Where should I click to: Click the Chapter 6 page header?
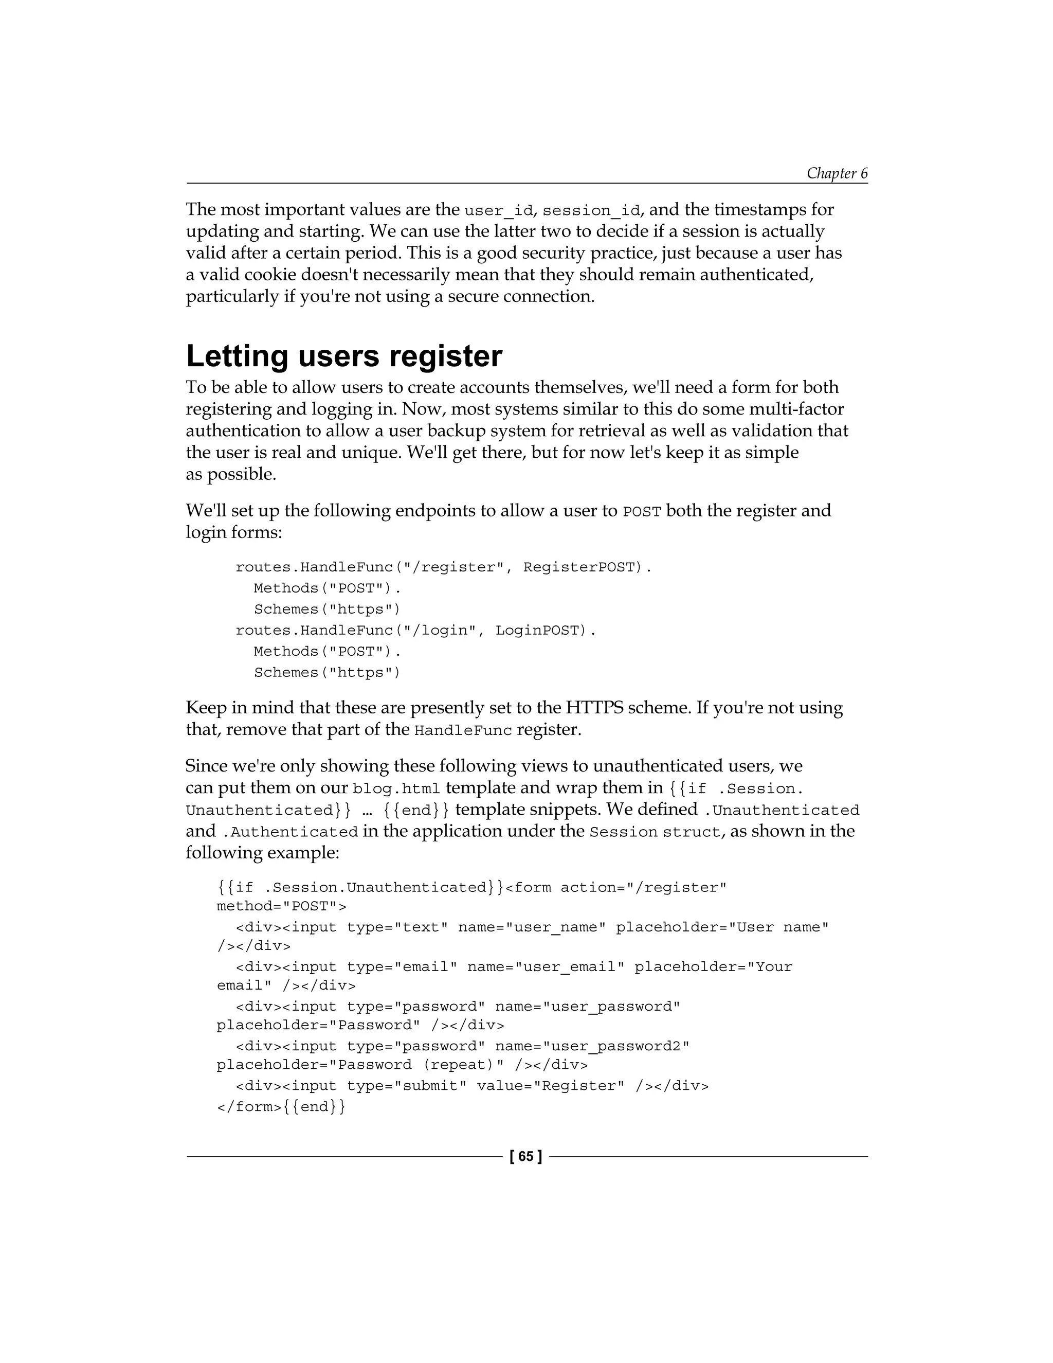click(837, 173)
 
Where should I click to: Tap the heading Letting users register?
click(344, 356)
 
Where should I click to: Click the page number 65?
click(526, 1156)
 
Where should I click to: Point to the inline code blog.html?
click(396, 789)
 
